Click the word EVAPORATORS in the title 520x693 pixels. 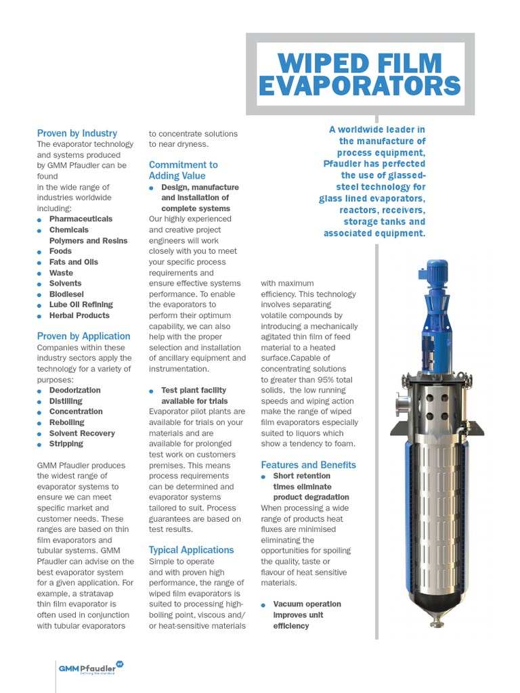tap(360, 87)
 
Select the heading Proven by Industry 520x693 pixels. tap(77, 133)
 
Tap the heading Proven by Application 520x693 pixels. tap(84, 336)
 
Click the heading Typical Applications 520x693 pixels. tap(192, 550)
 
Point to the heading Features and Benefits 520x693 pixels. tap(308, 465)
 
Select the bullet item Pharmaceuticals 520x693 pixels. tap(81, 219)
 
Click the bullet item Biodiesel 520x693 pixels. tap(66, 294)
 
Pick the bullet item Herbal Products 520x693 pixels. tap(79, 315)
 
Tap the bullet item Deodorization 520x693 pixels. tap(74, 390)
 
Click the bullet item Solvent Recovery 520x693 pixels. tap(82, 433)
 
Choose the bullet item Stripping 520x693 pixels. tap(66, 444)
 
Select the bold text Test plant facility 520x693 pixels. tap(194, 390)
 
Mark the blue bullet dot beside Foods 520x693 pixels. tap(40, 252)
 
